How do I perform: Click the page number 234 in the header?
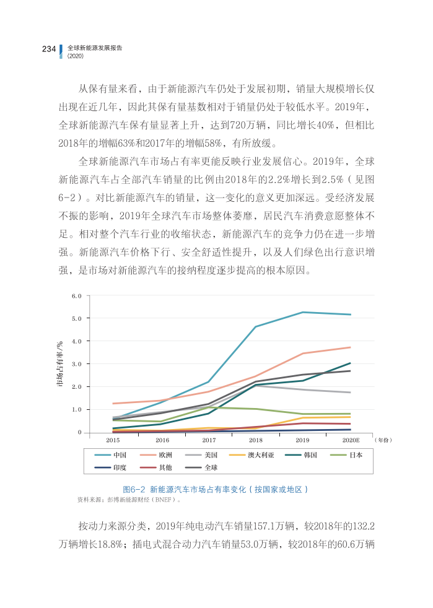click(49, 50)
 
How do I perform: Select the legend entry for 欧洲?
click(164, 454)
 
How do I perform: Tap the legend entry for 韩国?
click(310, 454)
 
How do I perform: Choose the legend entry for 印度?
click(120, 467)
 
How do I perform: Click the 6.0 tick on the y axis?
click(77, 296)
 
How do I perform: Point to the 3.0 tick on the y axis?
click(77, 364)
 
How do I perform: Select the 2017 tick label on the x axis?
click(209, 440)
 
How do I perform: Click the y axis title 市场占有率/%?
click(60, 364)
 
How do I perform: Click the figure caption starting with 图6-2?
click(216, 489)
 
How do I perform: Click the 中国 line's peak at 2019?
click(303, 312)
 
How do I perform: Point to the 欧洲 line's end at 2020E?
click(351, 347)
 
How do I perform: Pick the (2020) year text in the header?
click(75, 56)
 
